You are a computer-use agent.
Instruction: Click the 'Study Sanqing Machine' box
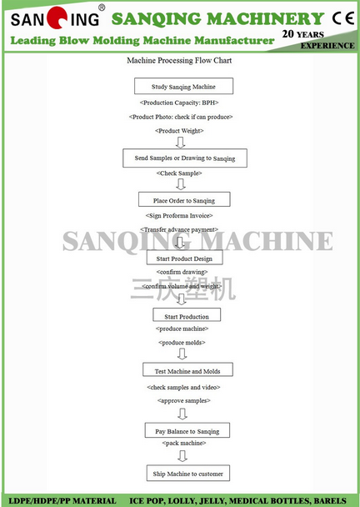[x=183, y=86]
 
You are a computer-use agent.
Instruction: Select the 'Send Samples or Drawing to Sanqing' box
[x=185, y=158]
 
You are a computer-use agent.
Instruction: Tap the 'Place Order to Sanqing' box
[x=184, y=199]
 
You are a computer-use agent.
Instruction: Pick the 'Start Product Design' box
[x=184, y=258]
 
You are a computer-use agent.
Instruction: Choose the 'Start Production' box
[x=187, y=314]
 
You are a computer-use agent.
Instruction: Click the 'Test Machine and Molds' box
[x=187, y=369]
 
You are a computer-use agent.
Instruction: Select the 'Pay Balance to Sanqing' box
[x=187, y=430]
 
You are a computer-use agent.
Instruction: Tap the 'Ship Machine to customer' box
[x=188, y=473]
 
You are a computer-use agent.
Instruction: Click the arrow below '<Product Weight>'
[x=180, y=143]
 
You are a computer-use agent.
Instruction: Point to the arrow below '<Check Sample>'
[x=181, y=184]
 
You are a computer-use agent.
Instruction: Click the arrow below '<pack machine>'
[x=182, y=456]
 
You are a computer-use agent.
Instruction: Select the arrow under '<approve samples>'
[x=182, y=414]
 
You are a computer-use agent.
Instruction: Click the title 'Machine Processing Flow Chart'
[x=179, y=61]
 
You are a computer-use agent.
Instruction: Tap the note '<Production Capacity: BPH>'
[x=179, y=103]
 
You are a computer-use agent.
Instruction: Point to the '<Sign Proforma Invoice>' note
[x=179, y=216]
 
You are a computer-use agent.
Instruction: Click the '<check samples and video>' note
[x=183, y=387]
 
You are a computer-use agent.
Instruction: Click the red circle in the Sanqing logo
[x=57, y=18]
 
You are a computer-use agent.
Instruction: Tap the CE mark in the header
[x=343, y=18]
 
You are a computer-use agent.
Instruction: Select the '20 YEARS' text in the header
[x=302, y=34]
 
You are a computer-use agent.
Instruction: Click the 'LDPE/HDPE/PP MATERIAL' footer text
[x=62, y=501]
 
